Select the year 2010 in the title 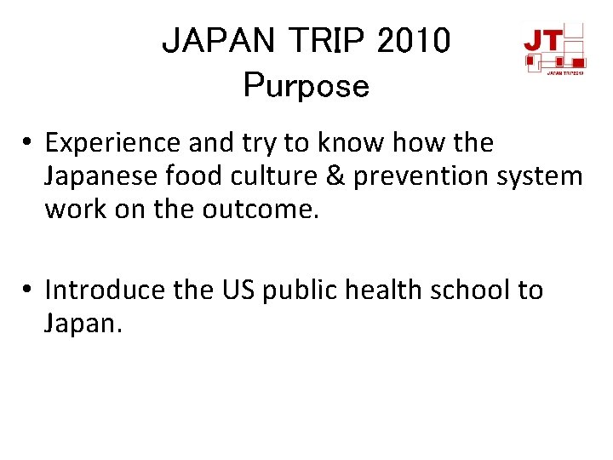tap(413, 41)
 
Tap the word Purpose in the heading tap(306, 85)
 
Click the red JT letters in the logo tap(541, 39)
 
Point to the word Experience tap(113, 143)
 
